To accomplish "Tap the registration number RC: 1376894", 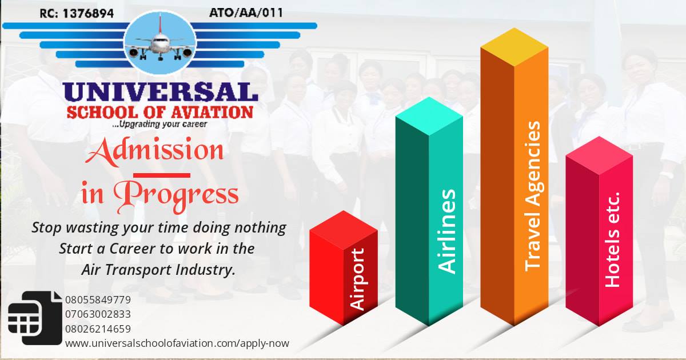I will click(77, 12).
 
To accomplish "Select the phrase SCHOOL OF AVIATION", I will click(160, 111).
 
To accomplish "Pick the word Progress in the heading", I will click(181, 194).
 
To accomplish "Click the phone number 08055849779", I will click(98, 300).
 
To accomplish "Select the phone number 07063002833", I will click(98, 314).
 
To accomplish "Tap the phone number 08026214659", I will click(98, 329).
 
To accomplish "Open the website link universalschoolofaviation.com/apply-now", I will click(177, 343).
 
